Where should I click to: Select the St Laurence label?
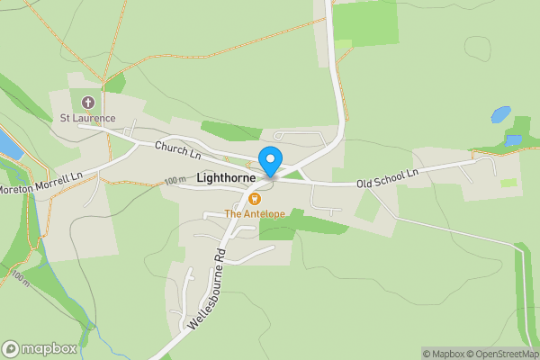(87, 117)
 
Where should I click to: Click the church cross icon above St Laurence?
(87, 103)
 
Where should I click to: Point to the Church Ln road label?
(176, 149)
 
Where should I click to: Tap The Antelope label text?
(254, 213)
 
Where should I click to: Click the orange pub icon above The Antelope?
(255, 199)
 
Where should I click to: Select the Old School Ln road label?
(388, 178)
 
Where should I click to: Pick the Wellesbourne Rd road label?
(207, 287)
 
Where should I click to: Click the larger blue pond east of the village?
(500, 115)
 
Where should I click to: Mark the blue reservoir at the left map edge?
(6, 142)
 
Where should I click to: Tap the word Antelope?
(263, 213)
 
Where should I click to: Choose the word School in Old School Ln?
(389, 178)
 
